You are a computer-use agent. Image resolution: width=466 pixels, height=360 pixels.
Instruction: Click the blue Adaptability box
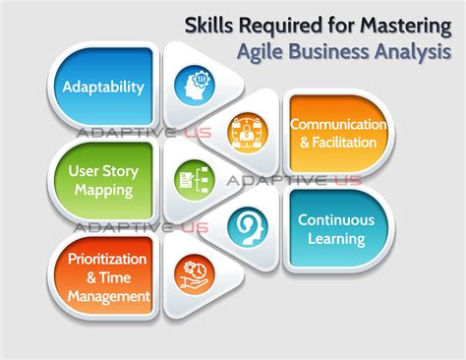pyautogui.click(x=103, y=86)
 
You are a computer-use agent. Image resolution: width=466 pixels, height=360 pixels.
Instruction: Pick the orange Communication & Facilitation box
pyautogui.click(x=336, y=133)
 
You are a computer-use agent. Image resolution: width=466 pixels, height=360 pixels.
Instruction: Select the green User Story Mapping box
pyautogui.click(x=102, y=179)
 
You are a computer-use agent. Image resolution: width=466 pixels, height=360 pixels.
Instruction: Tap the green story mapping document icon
pyautogui.click(x=191, y=180)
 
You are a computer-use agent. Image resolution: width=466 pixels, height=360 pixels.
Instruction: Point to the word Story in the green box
pyautogui.click(x=119, y=169)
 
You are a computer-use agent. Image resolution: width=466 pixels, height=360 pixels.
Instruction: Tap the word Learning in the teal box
pyautogui.click(x=338, y=238)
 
